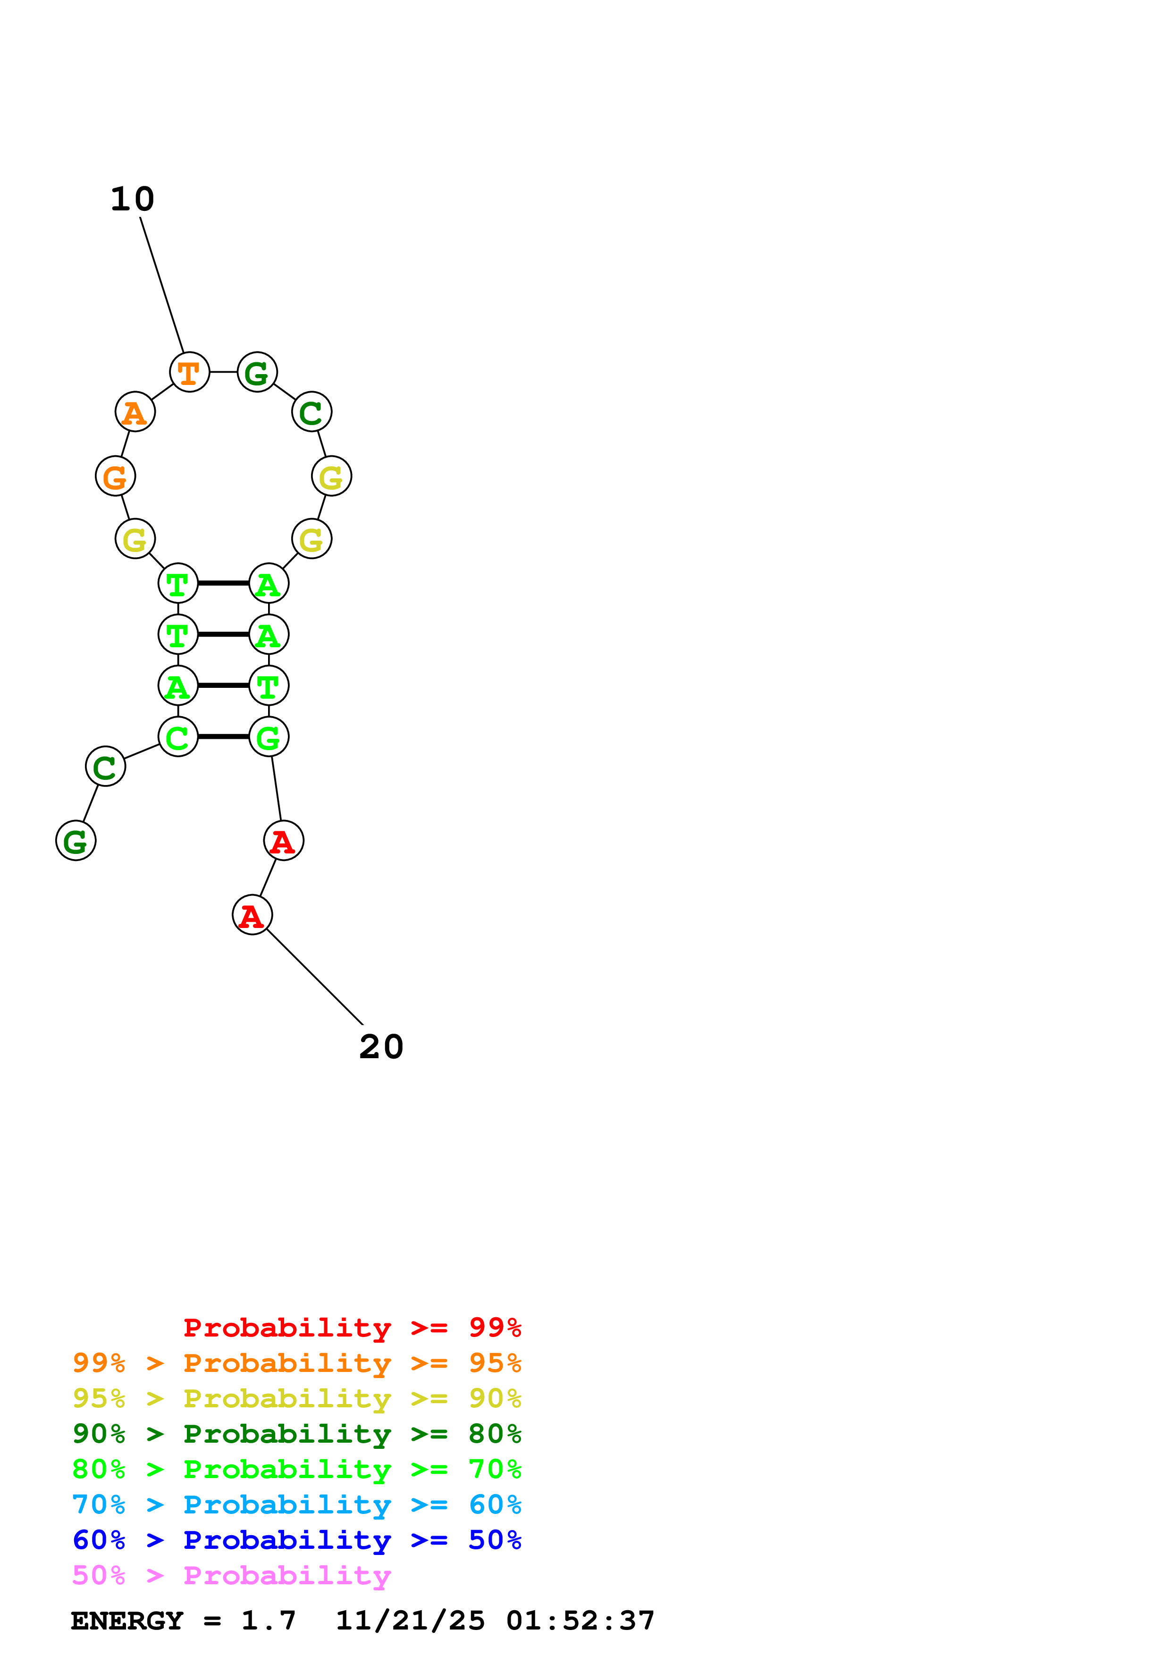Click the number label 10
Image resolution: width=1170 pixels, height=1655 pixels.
click(132, 200)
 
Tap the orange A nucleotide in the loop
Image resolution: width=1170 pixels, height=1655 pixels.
click(135, 412)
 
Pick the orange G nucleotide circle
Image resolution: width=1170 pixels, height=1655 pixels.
click(115, 476)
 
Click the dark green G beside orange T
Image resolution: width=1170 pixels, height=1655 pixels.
click(257, 373)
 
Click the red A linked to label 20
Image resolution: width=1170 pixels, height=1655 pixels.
click(253, 915)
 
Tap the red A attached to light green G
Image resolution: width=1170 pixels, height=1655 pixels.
click(283, 841)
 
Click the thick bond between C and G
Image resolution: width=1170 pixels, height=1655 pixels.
click(223, 736)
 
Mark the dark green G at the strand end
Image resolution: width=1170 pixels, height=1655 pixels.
click(76, 841)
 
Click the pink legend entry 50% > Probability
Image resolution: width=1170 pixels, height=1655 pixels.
click(231, 1576)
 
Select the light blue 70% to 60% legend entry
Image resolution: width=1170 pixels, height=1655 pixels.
click(296, 1505)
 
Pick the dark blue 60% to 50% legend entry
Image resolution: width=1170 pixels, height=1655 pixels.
click(296, 1540)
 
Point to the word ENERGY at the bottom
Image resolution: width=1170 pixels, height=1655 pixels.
click(127, 1621)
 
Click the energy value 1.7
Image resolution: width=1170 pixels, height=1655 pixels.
click(268, 1621)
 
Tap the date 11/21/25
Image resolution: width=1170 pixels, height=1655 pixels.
click(410, 1621)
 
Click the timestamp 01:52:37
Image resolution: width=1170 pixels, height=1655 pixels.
click(581, 1621)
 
